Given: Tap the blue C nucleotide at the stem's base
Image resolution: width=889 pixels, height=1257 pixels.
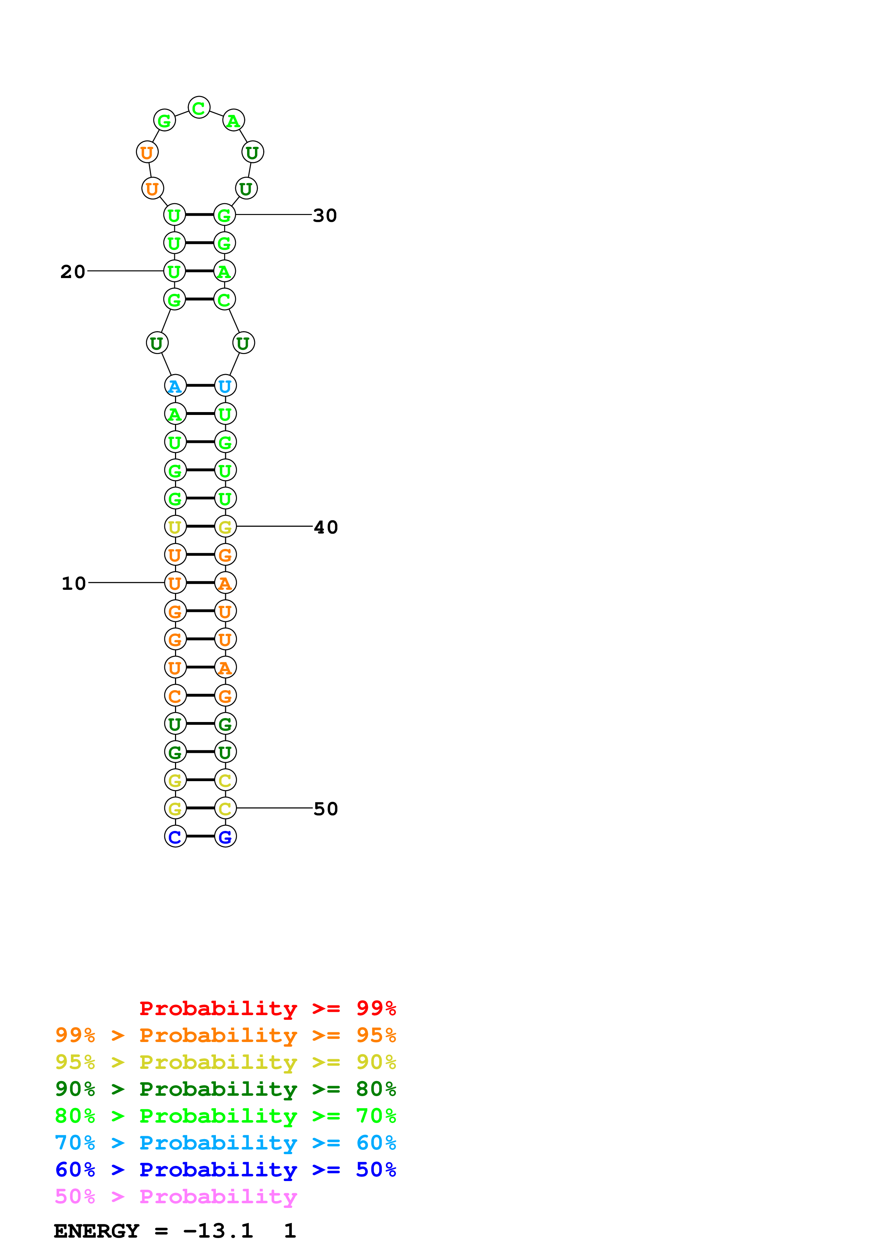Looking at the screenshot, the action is pyautogui.click(x=175, y=837).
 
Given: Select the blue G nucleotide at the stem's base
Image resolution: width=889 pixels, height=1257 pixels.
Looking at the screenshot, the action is pyautogui.click(x=225, y=837).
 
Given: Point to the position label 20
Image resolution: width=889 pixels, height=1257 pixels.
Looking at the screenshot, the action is pyautogui.click(x=73, y=272).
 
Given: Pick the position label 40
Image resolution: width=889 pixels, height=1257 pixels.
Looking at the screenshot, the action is pyautogui.click(x=326, y=527).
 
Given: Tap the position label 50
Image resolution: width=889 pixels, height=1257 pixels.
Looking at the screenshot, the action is pyautogui.click(x=326, y=809).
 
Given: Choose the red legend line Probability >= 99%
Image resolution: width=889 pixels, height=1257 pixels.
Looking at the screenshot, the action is pyautogui.click(x=267, y=1008).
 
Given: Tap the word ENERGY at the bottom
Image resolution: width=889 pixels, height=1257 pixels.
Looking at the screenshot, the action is pyautogui.click(x=96, y=1231).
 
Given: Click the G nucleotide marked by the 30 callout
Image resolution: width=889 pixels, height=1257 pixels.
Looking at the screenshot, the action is pyautogui.click(x=224, y=215).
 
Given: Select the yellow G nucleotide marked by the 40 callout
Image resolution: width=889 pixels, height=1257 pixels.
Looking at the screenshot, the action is pyautogui.click(x=225, y=527).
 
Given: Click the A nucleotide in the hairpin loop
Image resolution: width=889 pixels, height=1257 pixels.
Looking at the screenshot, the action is pyautogui.click(x=233, y=120).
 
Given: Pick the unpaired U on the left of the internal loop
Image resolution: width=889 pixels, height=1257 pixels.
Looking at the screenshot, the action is pyautogui.click(x=157, y=343).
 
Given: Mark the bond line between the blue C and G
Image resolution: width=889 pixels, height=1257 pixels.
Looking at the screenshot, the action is pyautogui.click(x=200, y=837).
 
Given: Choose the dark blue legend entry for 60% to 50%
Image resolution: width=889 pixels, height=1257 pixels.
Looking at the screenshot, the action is pyautogui.click(x=225, y=1170).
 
